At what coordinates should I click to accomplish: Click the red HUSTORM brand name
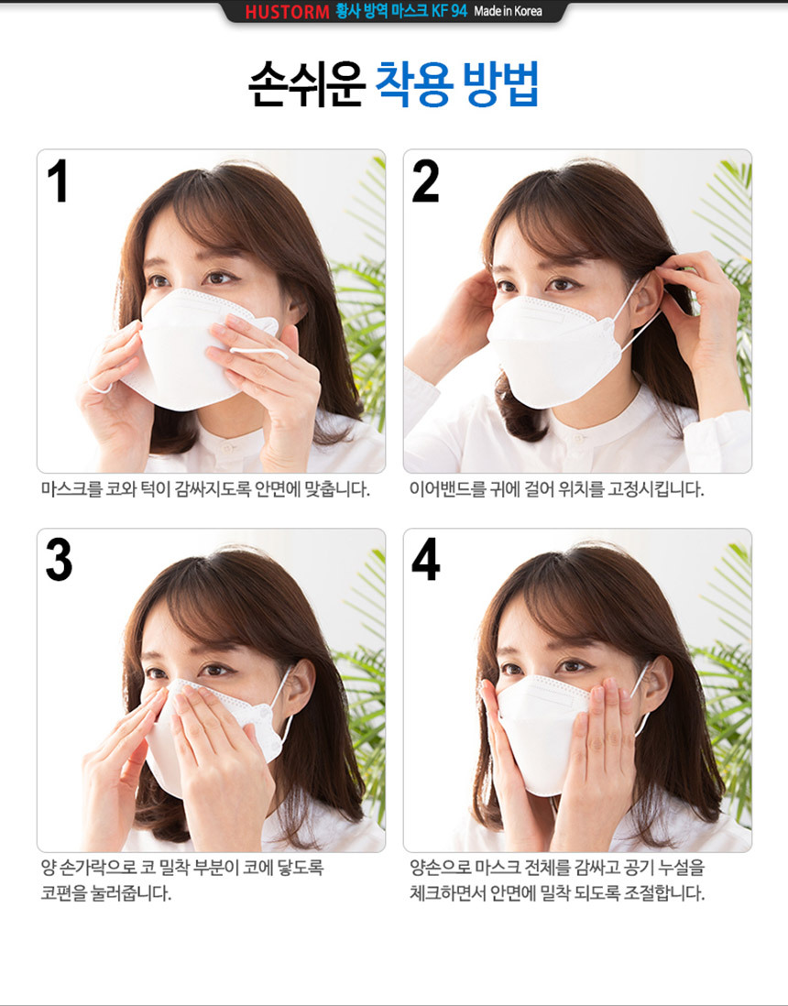point(287,12)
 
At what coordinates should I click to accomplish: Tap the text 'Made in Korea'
point(508,11)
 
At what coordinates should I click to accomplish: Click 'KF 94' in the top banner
point(449,11)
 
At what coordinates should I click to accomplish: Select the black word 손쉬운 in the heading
point(307,84)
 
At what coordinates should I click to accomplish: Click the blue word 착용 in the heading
point(414,84)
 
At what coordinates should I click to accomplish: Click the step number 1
point(58,180)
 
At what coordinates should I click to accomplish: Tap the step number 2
point(425,180)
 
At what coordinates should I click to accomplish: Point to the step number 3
point(59,560)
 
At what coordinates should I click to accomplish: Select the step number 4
point(426,560)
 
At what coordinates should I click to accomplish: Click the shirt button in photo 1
point(226,447)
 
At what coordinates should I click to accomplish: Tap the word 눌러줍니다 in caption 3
point(132,893)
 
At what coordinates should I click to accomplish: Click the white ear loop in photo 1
point(259,351)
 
